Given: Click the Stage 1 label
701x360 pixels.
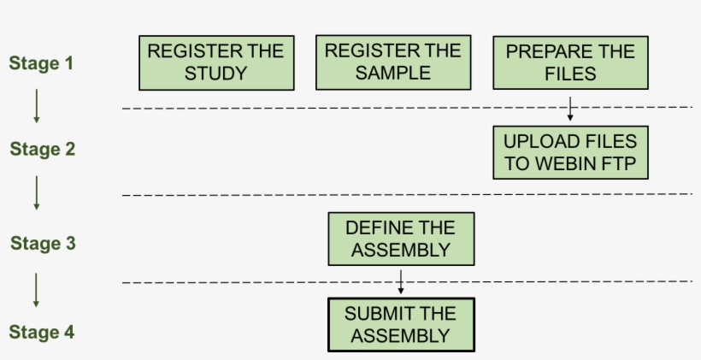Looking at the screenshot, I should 42,63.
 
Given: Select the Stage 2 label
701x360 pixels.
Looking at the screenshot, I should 43,150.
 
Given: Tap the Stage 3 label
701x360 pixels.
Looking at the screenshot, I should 43,244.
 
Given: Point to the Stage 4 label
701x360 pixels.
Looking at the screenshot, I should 43,333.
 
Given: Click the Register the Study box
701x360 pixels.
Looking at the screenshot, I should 216,62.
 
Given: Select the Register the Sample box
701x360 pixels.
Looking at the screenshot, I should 393,62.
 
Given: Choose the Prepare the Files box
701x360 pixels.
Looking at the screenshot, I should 570,62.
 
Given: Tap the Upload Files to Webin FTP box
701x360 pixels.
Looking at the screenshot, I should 570,153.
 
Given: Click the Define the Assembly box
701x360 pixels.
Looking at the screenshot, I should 401,239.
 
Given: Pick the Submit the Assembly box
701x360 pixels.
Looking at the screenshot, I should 401,325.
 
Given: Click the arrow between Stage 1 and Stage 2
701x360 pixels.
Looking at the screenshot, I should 37,106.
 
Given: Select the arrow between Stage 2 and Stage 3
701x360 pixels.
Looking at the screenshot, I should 37,193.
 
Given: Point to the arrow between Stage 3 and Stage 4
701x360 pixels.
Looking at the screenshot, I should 37,290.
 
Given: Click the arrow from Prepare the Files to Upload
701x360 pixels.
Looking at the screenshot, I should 570,108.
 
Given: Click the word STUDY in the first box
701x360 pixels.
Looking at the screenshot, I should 216,74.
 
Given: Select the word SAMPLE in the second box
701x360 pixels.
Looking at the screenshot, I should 393,74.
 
